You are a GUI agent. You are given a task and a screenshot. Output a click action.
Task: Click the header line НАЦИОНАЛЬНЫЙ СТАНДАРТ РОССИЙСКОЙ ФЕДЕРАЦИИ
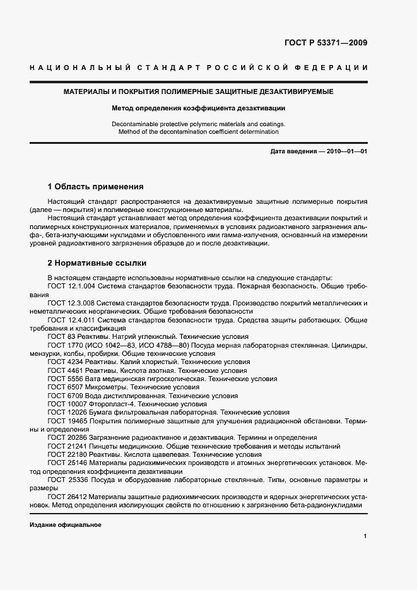199,68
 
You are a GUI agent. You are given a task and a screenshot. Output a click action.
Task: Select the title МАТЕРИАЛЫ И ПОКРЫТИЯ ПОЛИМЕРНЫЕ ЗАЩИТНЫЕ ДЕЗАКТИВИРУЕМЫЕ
199,92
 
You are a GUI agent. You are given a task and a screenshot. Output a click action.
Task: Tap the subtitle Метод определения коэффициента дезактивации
199,108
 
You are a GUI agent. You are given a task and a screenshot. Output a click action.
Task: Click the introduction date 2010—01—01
346,152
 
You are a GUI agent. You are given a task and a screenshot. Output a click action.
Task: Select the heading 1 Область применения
96,187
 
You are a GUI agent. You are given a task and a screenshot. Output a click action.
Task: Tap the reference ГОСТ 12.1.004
71,286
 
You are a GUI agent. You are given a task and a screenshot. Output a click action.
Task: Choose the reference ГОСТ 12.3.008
71,303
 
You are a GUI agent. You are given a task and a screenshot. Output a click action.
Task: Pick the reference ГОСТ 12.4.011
71,320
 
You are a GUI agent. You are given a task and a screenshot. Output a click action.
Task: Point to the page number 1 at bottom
365,536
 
